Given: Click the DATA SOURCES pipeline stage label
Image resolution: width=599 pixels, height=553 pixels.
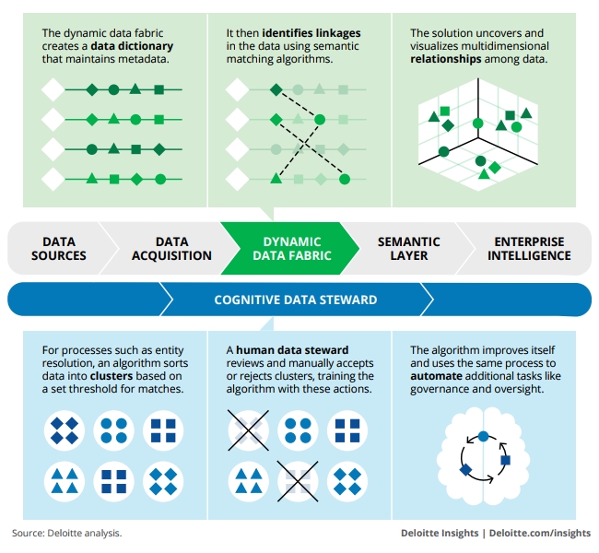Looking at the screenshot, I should [59, 249].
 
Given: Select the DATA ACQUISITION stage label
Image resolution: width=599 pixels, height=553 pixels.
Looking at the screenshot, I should [171, 249].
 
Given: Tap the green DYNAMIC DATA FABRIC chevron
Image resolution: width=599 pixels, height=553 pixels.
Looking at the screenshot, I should [291, 249].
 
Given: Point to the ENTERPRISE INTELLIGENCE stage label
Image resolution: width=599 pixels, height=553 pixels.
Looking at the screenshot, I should [528, 249].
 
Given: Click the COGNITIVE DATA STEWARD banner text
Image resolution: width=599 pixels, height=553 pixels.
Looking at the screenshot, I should [295, 300].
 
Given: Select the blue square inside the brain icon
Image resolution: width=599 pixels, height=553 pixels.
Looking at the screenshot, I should [505, 459].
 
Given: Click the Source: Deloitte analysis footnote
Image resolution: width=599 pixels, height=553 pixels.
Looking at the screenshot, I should [66, 533].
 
